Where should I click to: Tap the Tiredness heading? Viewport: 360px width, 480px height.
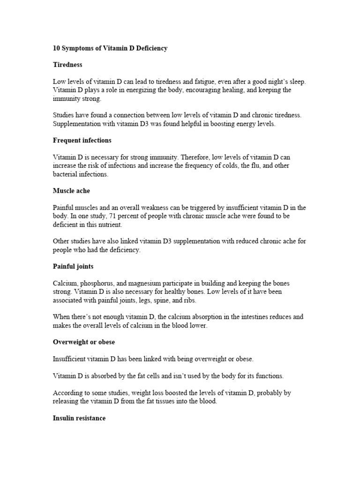[x=67, y=65]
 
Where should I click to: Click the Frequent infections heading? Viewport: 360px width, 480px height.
[x=82, y=141]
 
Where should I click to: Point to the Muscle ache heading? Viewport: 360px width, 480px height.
[x=71, y=191]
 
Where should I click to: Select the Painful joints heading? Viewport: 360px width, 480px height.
[x=73, y=267]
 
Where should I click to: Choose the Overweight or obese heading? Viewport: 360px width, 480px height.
[x=84, y=342]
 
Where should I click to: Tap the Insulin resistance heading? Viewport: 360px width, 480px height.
[x=79, y=418]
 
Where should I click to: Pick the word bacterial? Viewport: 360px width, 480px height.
[x=66, y=174]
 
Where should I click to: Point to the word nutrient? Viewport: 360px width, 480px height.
[x=111, y=225]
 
